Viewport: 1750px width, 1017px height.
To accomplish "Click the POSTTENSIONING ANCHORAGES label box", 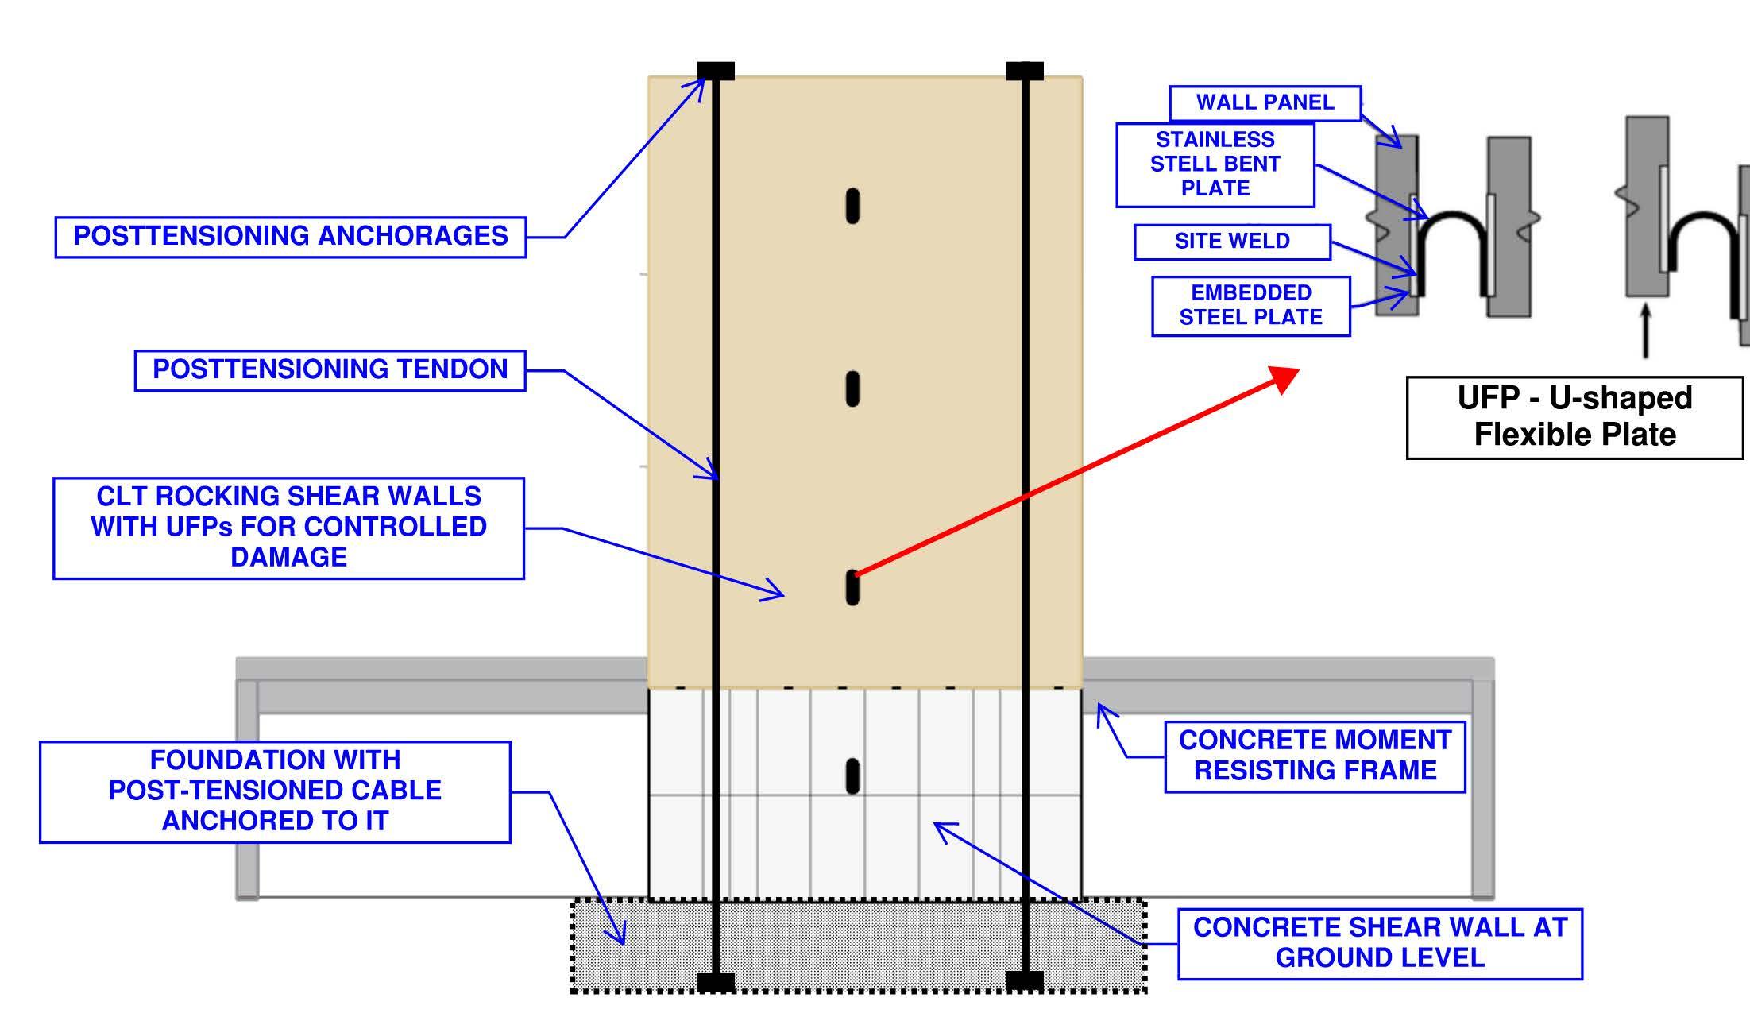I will [290, 237].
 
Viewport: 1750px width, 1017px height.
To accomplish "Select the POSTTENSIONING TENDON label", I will [330, 370].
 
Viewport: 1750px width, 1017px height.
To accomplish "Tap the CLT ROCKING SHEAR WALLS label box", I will [288, 528].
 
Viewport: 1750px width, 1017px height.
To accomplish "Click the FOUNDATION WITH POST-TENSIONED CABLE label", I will [275, 791].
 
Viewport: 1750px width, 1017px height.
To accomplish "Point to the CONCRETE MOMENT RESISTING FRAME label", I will [1315, 756].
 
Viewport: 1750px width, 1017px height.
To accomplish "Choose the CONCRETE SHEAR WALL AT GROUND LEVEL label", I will [1380, 943].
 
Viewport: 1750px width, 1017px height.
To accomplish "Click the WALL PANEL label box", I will [1265, 103].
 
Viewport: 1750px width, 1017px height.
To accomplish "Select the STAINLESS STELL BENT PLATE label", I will [1215, 164].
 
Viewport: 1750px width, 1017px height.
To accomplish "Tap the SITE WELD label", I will [1232, 242].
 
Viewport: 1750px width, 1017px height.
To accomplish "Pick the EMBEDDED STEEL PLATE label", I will [1250, 306].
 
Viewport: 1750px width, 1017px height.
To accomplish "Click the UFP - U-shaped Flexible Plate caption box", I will [1574, 417].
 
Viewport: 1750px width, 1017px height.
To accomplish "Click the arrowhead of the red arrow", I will [1286, 377].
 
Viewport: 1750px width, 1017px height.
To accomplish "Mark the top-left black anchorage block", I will [716, 72].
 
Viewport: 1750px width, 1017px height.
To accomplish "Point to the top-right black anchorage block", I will [1024, 72].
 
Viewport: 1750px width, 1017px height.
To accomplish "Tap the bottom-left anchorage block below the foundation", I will [716, 982].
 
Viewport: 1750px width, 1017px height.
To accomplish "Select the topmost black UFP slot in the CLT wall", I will [852, 206].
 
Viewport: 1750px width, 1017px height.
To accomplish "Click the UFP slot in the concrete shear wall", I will [852, 775].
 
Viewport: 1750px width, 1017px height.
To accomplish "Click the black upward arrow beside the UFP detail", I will [1645, 331].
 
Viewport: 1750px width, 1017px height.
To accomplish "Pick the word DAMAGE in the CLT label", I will [288, 558].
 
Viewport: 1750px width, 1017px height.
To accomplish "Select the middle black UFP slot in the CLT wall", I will [852, 389].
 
